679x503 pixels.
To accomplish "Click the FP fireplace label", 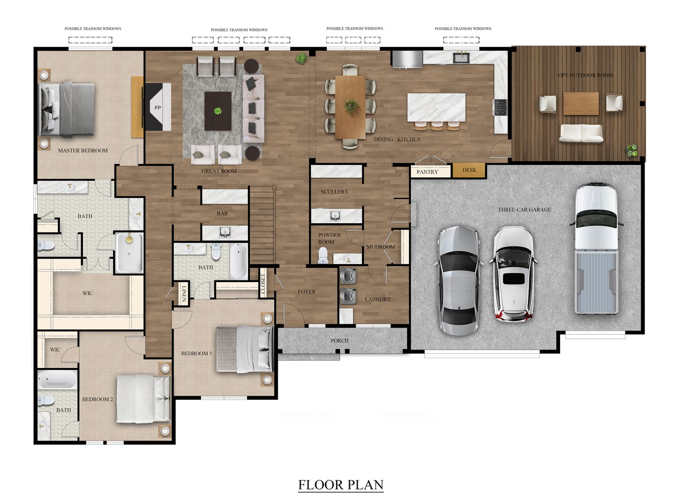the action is click(158, 108).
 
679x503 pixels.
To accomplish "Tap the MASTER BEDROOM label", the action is click(83, 151).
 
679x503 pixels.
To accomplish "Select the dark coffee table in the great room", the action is click(218, 111).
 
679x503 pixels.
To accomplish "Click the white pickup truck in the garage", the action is click(596, 249).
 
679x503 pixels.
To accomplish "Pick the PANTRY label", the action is click(427, 172).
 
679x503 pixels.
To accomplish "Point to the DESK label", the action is click(469, 170).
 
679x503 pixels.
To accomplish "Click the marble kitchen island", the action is click(436, 107).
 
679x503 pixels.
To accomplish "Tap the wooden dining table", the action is click(350, 107).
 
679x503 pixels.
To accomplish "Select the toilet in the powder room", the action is click(323, 255).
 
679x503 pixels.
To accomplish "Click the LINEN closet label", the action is click(184, 294).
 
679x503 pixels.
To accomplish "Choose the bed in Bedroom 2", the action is click(143, 399).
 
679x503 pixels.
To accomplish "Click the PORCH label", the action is click(339, 341).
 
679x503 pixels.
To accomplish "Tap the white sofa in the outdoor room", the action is click(581, 133).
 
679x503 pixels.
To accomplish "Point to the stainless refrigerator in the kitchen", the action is click(407, 59).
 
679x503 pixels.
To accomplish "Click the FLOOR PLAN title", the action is click(341, 485).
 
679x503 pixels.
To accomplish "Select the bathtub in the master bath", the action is click(129, 253).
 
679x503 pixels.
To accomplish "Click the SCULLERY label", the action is click(334, 192).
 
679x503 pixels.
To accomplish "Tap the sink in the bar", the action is click(225, 233).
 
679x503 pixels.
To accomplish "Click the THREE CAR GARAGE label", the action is click(524, 210).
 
